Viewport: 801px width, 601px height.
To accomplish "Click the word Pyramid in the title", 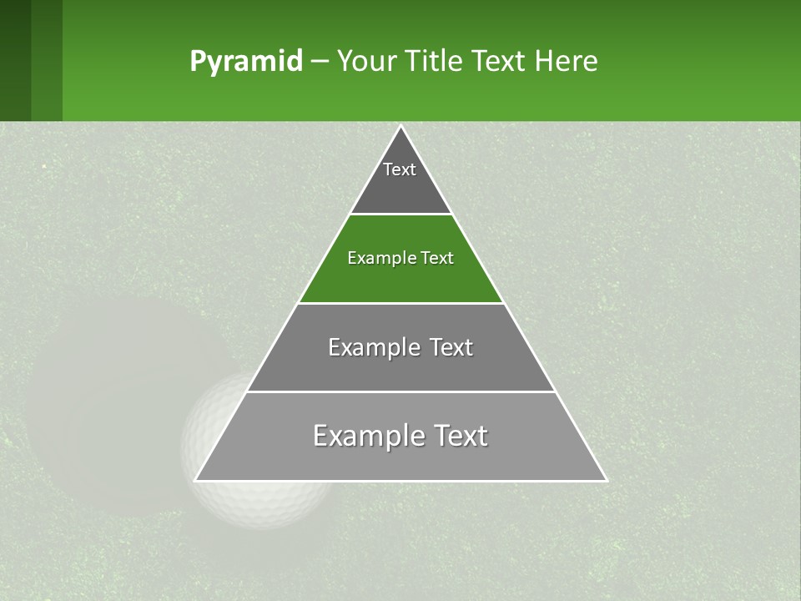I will [246, 62].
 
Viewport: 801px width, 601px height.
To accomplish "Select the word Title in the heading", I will [431, 62].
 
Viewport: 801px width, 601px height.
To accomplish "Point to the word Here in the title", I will [567, 62].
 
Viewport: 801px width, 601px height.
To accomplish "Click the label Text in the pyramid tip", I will [400, 169].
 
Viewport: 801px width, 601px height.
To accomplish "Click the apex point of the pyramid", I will [400, 127].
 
